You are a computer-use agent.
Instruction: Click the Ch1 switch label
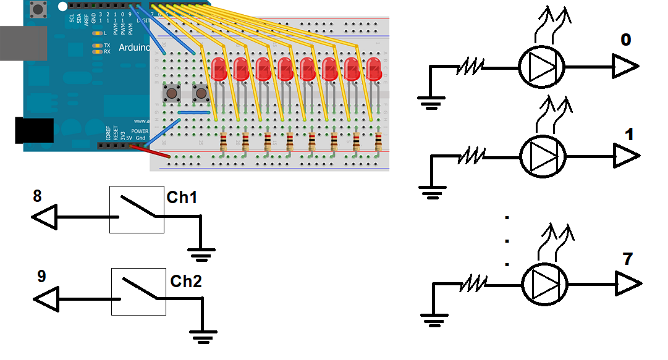click(182, 198)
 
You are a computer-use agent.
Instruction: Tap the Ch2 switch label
click(186, 282)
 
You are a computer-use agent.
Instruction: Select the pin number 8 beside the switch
click(37, 196)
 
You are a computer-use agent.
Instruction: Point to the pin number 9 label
click(41, 276)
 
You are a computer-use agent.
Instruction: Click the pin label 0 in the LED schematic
click(626, 41)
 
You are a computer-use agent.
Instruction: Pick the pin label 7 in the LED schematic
click(627, 260)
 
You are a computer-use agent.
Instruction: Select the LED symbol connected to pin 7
click(544, 284)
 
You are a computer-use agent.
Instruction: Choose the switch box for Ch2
click(138, 292)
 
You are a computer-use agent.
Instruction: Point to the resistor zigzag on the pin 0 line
click(471, 66)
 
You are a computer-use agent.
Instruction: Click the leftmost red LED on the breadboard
click(218, 69)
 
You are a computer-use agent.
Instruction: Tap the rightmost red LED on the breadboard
click(373, 69)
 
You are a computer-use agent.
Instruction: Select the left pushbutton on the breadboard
click(170, 94)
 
